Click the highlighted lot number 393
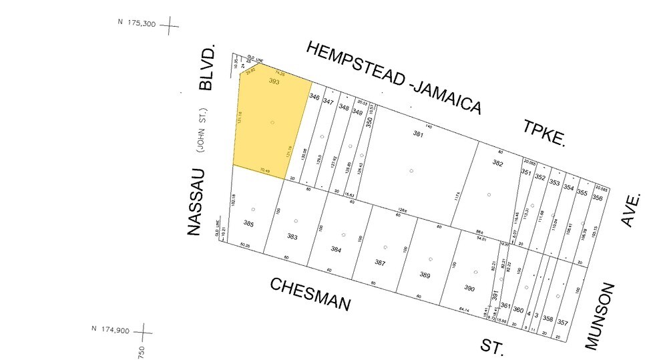click(x=273, y=81)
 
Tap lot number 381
click(x=418, y=134)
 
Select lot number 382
click(x=497, y=163)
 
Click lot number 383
click(x=292, y=237)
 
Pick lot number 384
click(x=336, y=249)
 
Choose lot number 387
click(x=380, y=262)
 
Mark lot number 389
click(x=425, y=275)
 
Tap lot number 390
click(x=469, y=289)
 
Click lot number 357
click(x=562, y=323)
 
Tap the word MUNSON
click(x=599, y=316)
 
